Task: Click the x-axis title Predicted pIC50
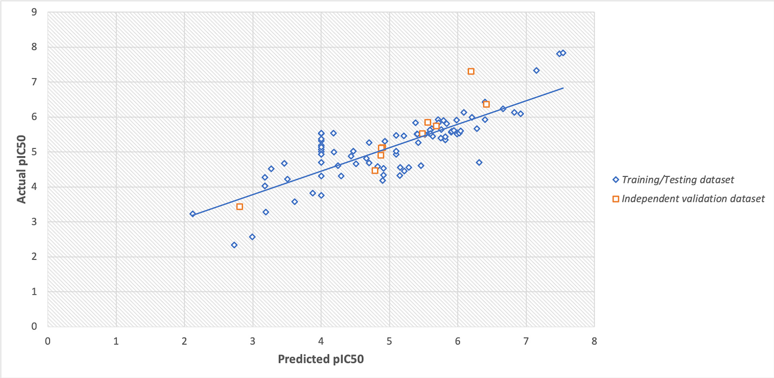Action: [x=321, y=359]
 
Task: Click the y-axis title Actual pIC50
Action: [x=21, y=169]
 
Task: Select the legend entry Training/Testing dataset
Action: [x=677, y=180]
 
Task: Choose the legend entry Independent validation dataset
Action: [x=693, y=199]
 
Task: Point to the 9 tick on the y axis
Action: [x=34, y=12]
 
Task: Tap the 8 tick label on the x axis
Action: [x=594, y=341]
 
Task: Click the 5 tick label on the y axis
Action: [x=34, y=152]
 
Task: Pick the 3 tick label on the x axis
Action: [x=252, y=341]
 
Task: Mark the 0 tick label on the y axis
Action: [x=34, y=326]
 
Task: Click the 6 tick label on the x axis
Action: [x=457, y=341]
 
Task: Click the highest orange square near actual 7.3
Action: [x=471, y=71]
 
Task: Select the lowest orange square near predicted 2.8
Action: [x=239, y=207]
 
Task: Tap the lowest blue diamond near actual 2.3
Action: [x=234, y=245]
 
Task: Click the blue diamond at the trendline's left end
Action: [x=193, y=214]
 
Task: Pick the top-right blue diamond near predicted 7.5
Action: [x=563, y=53]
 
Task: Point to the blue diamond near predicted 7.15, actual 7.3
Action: [x=536, y=70]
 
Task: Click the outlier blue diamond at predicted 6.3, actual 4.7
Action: [x=479, y=163]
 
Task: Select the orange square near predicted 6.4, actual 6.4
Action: [x=486, y=104]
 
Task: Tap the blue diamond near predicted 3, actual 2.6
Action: [x=252, y=237]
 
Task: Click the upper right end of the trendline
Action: [x=563, y=88]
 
